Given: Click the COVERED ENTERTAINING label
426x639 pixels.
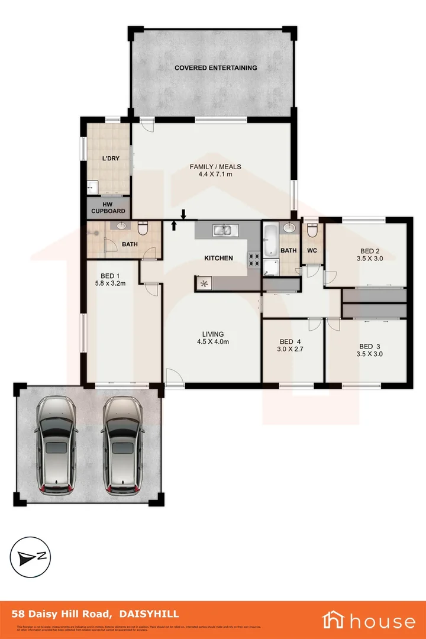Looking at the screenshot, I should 215,68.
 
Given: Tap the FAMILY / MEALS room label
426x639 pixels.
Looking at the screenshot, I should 215,166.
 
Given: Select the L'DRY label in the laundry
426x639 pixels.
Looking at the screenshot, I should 111,159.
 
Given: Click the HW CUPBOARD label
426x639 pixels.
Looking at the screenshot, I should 108,207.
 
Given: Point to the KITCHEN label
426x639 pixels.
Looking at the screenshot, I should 218,258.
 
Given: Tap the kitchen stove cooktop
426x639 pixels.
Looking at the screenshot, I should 254,258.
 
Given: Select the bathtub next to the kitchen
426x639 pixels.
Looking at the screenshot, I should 270,239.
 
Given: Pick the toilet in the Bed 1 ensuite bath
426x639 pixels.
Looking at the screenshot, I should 142,228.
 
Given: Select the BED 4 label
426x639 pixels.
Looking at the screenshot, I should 291,341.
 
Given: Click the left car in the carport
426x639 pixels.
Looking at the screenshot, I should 57,444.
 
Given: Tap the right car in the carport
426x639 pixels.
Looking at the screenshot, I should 122,444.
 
